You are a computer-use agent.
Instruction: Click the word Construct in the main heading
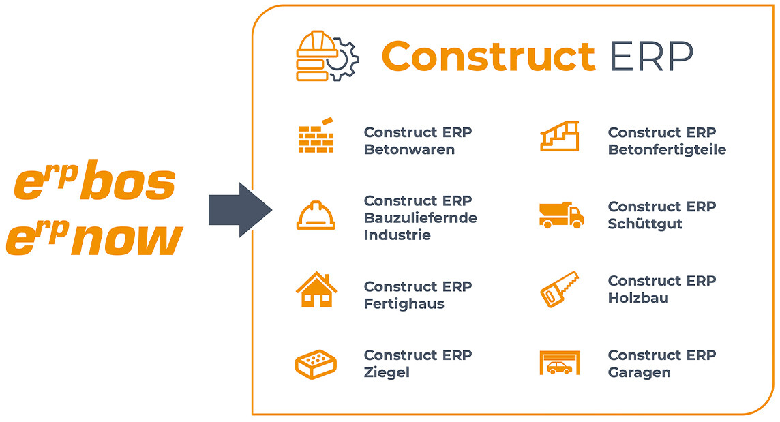(488, 56)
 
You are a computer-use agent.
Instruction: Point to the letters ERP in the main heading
(651, 56)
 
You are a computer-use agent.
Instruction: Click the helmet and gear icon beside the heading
(327, 56)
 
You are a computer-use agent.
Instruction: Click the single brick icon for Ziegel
(316, 363)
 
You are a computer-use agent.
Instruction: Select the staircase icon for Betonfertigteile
(560, 136)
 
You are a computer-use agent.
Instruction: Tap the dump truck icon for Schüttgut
(561, 215)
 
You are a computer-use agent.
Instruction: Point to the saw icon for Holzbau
(560, 289)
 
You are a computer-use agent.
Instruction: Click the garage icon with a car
(560, 363)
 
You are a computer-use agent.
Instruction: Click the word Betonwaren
(409, 150)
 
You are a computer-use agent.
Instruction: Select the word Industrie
(397, 235)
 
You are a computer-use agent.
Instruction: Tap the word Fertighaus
(404, 304)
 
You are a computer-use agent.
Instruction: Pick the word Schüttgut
(645, 224)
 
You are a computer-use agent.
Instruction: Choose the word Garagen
(639, 373)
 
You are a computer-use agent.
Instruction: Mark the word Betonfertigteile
(667, 150)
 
